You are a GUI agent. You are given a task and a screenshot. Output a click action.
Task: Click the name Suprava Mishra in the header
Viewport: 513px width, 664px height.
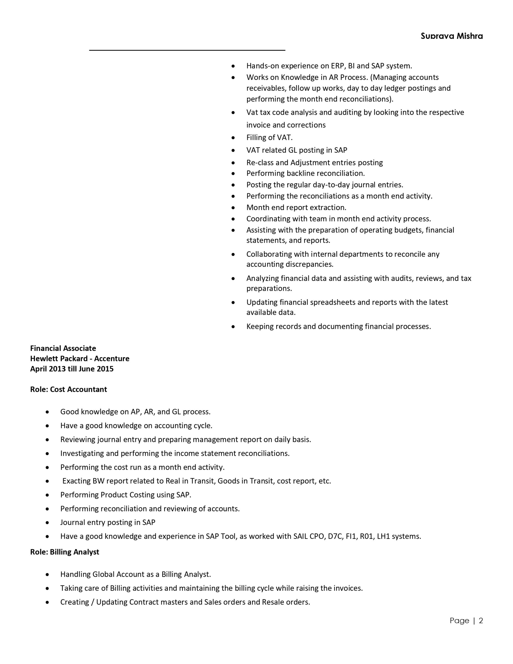click(452, 36)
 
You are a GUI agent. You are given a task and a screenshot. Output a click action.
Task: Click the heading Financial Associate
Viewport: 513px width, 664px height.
click(63, 348)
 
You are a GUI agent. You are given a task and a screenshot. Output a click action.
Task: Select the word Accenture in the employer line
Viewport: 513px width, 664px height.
click(112, 359)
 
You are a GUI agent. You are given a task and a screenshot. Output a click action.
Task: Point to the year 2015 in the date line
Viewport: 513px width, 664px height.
click(105, 369)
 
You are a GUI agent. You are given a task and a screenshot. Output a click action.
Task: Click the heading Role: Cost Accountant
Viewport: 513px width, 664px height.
click(68, 390)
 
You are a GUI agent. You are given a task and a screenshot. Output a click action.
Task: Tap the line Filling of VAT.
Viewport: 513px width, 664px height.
click(269, 138)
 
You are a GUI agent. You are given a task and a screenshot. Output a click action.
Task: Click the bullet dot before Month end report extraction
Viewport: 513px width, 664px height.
click(233, 208)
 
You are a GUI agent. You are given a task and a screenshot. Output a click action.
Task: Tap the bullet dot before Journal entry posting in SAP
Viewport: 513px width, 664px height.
click(47, 523)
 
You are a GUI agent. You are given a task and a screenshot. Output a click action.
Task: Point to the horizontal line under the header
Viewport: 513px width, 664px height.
click(187, 50)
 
